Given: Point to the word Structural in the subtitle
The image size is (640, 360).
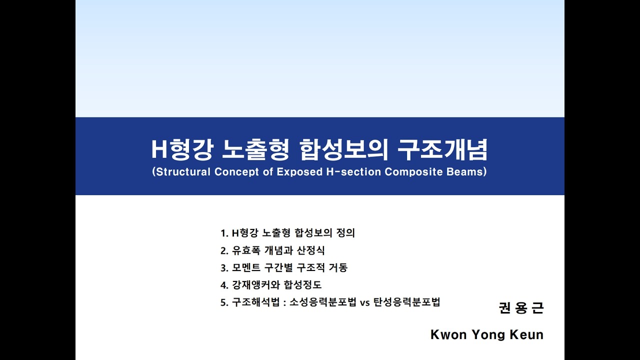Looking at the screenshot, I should (x=183, y=172).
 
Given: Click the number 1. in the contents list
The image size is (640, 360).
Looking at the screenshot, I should (x=224, y=233).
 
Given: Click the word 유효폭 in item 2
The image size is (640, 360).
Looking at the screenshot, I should (x=244, y=250).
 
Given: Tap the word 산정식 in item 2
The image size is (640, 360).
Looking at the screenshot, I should (x=310, y=250).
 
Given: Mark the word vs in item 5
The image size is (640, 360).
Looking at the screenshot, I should (x=364, y=303).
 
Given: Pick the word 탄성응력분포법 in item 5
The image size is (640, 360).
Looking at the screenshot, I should (x=406, y=303).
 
